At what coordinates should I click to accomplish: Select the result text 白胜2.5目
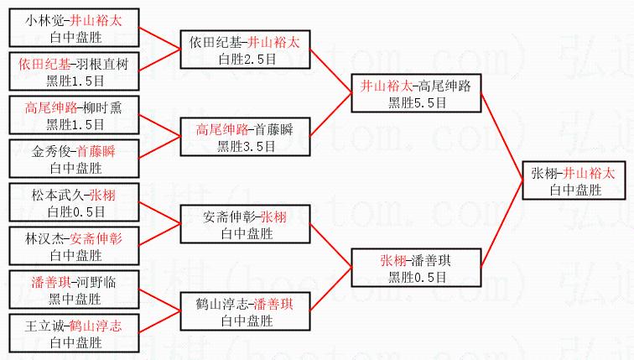244,58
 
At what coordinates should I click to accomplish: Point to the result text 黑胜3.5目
244,145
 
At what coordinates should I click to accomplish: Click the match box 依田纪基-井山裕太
244,50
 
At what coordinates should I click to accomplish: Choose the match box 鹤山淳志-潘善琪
244,311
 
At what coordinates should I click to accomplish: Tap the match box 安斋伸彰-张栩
244,224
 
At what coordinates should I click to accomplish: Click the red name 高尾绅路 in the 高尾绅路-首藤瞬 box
222,130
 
